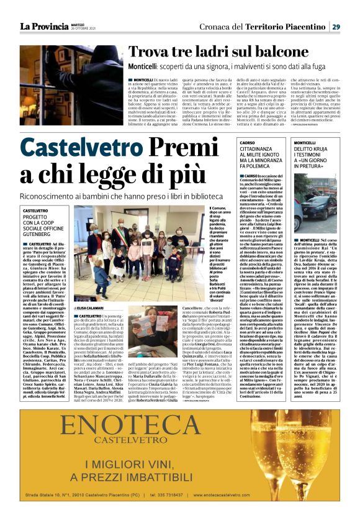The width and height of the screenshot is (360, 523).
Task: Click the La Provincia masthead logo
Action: point(43,26)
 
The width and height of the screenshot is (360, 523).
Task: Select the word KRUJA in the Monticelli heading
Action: point(322,149)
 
